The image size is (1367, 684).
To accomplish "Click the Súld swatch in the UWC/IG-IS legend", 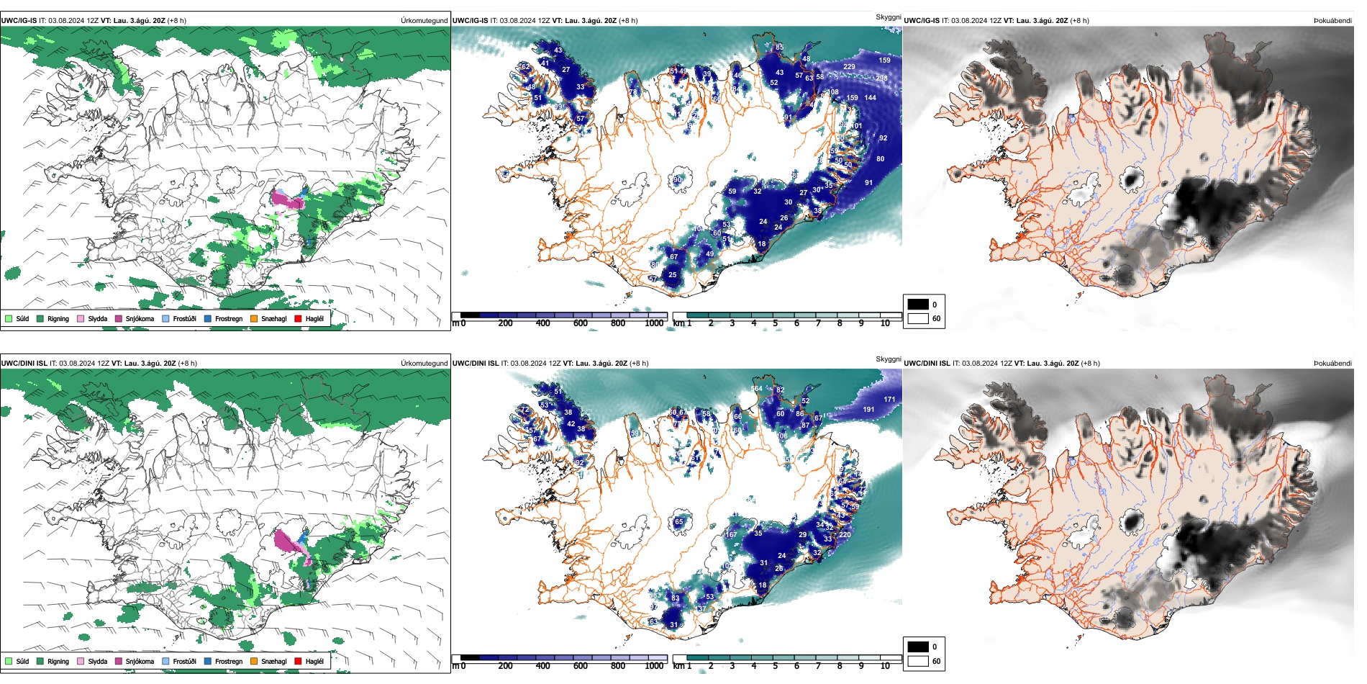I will point(9,318).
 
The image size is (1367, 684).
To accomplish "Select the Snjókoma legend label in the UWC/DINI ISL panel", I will point(140,661).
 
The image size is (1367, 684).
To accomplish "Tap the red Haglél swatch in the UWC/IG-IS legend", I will point(298,318).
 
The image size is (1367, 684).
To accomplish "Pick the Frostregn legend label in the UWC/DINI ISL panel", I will point(228,661).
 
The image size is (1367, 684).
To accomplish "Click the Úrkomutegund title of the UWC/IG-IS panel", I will point(424,21).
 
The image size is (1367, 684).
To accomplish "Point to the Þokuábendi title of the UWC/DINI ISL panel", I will point(1332,364).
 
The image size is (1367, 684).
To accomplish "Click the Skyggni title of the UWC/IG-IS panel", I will point(888,17).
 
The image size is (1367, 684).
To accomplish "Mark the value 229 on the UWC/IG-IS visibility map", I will point(849,67).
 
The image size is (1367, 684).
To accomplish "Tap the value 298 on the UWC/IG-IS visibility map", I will point(881,78).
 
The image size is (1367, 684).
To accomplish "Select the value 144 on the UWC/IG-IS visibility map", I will point(870,98).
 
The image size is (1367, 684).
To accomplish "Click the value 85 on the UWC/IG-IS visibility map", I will point(779,48).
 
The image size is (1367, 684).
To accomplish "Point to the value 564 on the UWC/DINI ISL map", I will point(756,389).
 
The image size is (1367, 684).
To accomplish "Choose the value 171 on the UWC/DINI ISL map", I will point(889,399).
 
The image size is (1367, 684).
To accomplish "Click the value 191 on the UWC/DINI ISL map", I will point(868,410).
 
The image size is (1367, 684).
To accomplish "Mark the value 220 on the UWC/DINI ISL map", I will point(845,535).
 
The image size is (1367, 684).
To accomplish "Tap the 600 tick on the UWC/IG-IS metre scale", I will point(581,323).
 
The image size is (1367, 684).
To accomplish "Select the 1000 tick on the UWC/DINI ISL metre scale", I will point(654,666).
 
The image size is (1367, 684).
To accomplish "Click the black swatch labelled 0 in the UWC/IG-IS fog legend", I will point(917,304).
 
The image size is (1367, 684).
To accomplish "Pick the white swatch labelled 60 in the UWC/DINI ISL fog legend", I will point(917,660).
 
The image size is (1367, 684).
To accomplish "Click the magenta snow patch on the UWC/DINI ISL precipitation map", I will point(288,541).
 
